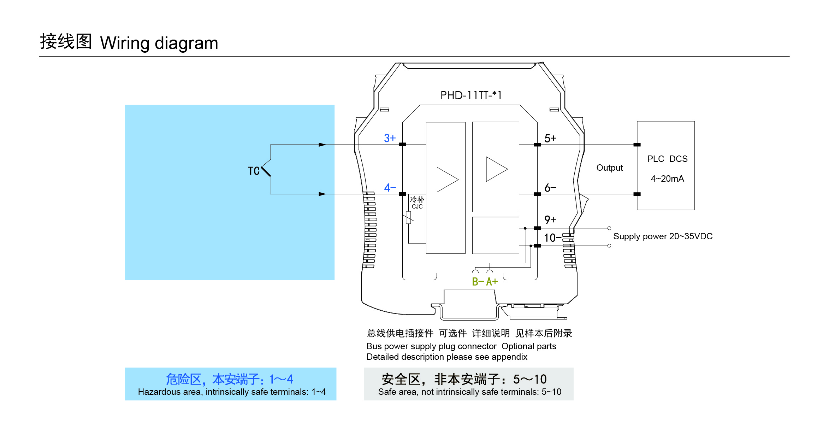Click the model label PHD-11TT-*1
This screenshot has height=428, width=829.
[471, 95]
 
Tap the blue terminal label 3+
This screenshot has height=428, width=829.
[390, 138]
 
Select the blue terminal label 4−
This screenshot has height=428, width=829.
[390, 188]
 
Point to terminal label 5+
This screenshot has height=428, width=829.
[550, 138]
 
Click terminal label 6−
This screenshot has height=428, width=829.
[550, 188]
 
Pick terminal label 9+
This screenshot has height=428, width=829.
[550, 220]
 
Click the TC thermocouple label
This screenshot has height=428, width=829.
[254, 171]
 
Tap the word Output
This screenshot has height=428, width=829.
[609, 168]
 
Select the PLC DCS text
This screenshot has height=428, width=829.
[667, 159]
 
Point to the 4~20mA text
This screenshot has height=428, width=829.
[667, 179]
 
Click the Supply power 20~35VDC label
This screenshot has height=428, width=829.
[663, 236]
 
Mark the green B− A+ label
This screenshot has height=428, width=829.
[485, 282]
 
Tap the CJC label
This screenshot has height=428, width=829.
[417, 207]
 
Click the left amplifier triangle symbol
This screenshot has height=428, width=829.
[447, 180]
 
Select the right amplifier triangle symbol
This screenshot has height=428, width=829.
[496, 169]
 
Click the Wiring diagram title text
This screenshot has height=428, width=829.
[159, 43]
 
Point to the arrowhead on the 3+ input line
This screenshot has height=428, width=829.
[322, 145]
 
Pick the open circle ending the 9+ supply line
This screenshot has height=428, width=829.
[609, 228]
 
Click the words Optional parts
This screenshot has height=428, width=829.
[529, 346]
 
